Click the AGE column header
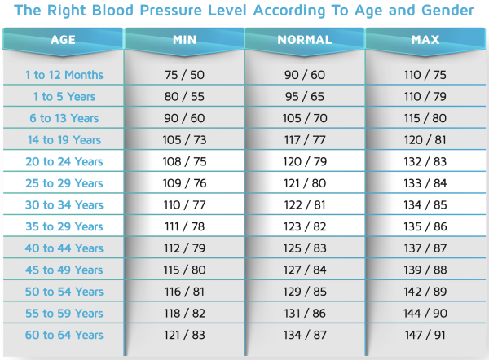[x=63, y=40]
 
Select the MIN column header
[x=184, y=40]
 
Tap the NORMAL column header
[x=305, y=40]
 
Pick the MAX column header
[x=426, y=40]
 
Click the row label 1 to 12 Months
[x=64, y=75]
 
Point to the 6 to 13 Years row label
[x=64, y=119]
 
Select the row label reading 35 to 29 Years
[x=64, y=226]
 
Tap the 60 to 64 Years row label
[x=64, y=335]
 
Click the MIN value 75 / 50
[x=184, y=75]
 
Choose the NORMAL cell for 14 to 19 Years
[x=305, y=140]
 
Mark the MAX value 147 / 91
[x=426, y=335]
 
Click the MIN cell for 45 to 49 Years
[x=184, y=270]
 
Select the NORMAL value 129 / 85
[x=305, y=292]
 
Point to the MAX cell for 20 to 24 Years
[x=426, y=162]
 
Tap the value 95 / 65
[x=305, y=97]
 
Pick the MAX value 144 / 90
[x=426, y=313]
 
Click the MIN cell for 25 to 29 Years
[x=184, y=183]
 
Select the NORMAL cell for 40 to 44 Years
[x=305, y=248]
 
